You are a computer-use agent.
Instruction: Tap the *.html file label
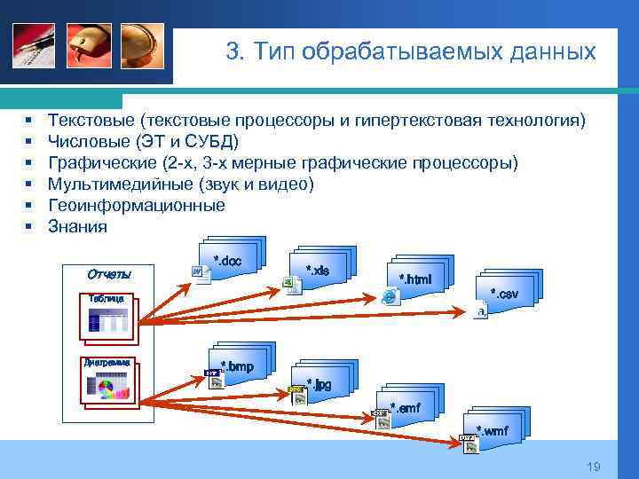tap(414, 279)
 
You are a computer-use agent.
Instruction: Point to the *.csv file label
tap(504, 293)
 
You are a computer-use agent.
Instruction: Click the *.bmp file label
tap(237, 365)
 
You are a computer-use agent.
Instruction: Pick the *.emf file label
tap(405, 407)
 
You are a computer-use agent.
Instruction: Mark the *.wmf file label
tap(493, 431)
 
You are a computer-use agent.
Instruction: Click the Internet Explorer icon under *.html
tap(389, 297)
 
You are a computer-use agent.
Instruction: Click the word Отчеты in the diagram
tap(109, 272)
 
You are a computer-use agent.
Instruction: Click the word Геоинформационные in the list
tap(136, 205)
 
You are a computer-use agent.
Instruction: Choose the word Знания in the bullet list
tap(77, 226)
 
